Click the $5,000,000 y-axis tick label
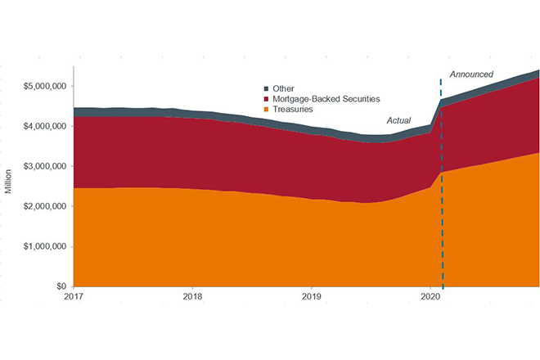click(46, 86)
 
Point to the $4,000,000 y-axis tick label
click(46, 126)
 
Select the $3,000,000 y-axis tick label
click(46, 166)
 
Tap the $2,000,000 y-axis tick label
click(46, 206)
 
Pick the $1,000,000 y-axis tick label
click(46, 246)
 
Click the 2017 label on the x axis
click(74, 297)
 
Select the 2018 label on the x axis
click(192, 297)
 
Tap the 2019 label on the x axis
click(311, 297)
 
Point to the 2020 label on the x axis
click(430, 297)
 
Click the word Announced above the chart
click(471, 74)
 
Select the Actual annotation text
click(398, 120)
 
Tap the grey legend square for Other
click(266, 88)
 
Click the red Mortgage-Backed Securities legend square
click(266, 98)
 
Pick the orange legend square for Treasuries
click(266, 109)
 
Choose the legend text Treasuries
click(294, 109)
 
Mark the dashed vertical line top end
click(442, 80)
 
